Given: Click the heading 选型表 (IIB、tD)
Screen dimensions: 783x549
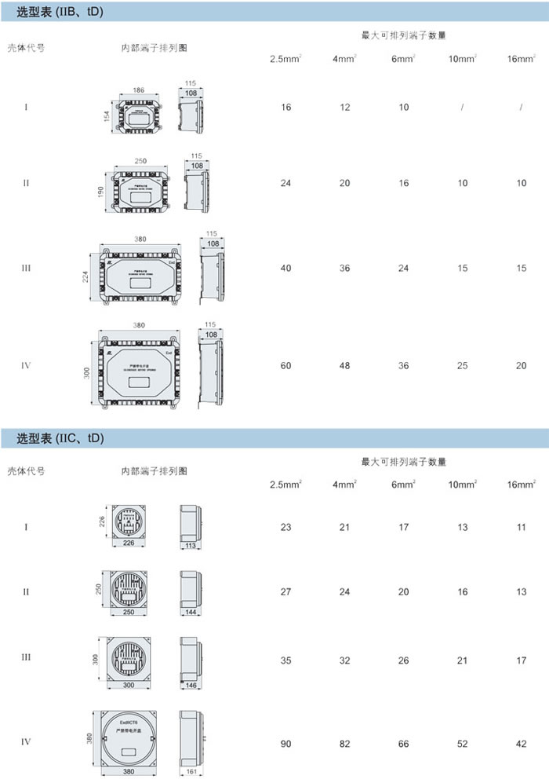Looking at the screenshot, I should coord(60,12).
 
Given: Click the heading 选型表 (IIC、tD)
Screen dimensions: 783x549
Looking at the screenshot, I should coord(60,437).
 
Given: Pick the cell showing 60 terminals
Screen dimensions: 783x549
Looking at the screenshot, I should coord(285,365).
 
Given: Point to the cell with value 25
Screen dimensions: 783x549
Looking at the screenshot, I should coord(463,365).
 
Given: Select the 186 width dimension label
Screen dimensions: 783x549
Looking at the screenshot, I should coord(139,91).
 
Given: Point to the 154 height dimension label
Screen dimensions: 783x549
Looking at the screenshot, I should coord(106,116).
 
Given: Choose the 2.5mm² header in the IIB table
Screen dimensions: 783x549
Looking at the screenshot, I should coord(285,59).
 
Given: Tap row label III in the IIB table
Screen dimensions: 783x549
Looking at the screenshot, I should coord(26,269).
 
